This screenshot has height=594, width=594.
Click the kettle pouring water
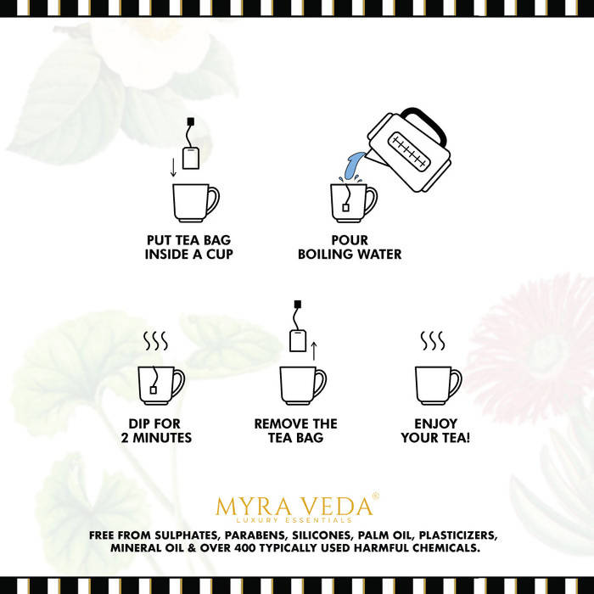409,152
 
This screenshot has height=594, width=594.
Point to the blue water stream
352,166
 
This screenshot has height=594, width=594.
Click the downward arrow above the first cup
173,167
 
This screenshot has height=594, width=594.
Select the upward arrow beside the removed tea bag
313,350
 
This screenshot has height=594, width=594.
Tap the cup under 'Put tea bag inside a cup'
195,203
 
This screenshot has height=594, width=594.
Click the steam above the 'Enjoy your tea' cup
433,341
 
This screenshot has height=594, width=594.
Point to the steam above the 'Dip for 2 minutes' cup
155,341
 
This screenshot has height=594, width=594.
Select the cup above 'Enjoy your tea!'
438,385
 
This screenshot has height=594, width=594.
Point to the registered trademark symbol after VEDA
375,495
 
